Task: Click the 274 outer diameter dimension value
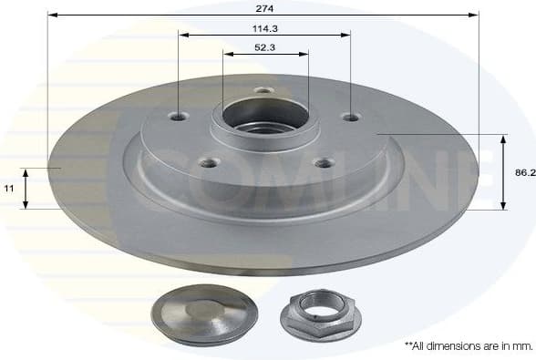point(263,6)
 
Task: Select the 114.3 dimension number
point(264,27)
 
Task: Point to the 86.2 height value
point(523,171)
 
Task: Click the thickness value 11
point(9,188)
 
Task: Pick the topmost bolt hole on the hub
point(264,90)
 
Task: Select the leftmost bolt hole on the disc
point(179,116)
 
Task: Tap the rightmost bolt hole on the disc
point(350,116)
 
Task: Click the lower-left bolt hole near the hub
point(209,163)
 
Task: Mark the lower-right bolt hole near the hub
point(322,163)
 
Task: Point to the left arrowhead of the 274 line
point(51,15)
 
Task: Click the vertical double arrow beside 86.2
point(503,171)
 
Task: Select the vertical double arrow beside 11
point(26,188)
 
